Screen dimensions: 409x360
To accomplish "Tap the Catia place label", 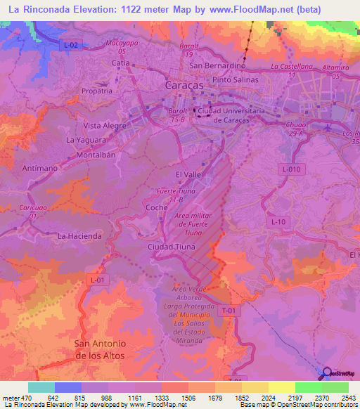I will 122,63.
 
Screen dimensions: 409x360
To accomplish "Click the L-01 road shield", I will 98,280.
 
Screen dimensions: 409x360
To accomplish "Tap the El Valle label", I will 188,174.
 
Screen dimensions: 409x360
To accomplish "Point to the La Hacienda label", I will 79,236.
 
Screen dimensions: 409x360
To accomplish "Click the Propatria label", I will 97,91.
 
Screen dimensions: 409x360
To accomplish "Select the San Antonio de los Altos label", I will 100,349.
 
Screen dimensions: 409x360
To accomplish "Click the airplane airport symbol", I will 331,126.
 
